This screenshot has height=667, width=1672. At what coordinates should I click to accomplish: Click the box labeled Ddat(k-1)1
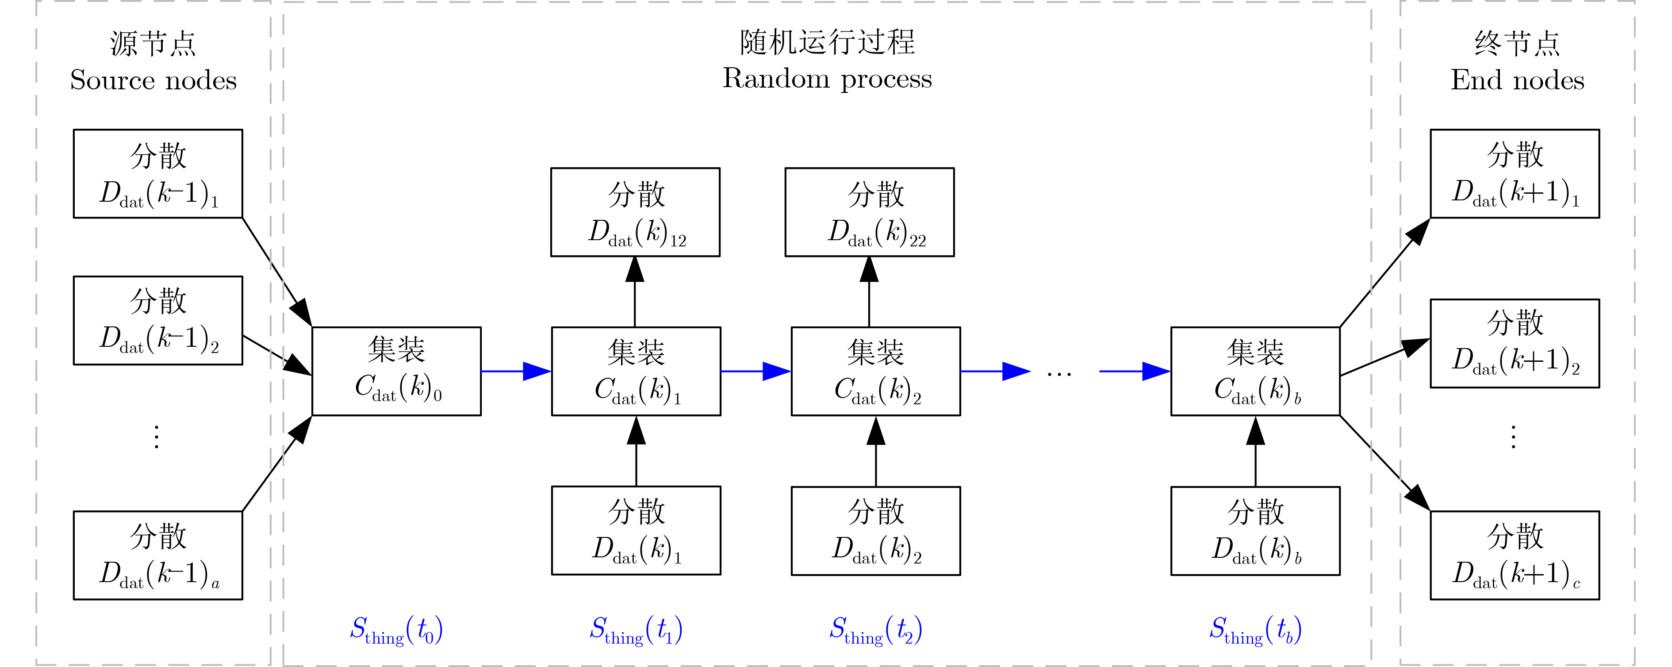158,173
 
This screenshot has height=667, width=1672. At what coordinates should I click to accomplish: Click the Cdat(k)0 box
397,371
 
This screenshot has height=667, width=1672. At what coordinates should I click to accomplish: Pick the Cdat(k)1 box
636,371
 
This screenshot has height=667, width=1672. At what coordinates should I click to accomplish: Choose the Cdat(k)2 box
876,371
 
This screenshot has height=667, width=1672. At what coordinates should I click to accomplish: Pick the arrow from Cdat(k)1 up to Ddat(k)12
635,291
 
